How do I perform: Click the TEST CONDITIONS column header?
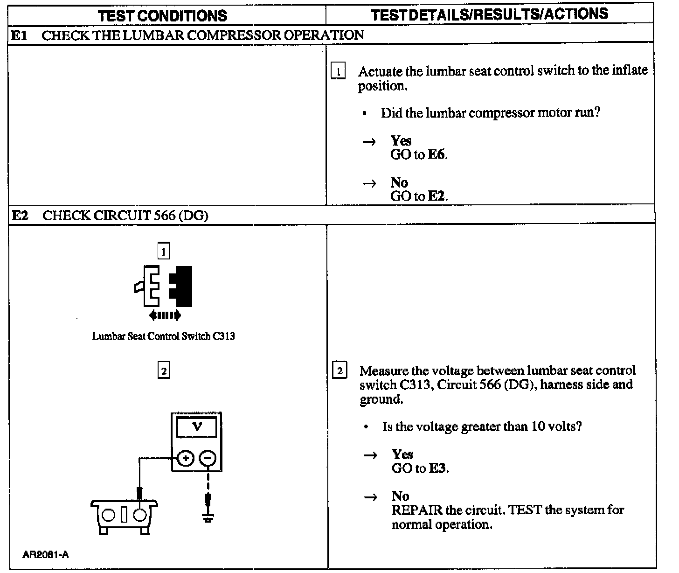click(162, 15)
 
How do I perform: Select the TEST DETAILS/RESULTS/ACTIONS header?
click(490, 14)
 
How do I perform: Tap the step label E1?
click(19, 35)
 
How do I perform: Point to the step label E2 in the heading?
click(20, 216)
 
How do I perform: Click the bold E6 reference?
click(437, 155)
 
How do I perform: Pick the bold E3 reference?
click(438, 468)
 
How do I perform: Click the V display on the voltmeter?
click(197, 427)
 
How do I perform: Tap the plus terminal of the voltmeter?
click(186, 458)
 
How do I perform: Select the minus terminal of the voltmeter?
click(208, 458)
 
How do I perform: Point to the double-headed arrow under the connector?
click(165, 316)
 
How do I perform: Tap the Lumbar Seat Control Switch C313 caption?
click(163, 336)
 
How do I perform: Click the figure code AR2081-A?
click(45, 555)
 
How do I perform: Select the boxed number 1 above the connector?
click(164, 252)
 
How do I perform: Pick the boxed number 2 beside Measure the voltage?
click(340, 371)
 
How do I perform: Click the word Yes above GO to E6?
click(401, 141)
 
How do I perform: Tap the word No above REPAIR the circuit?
click(400, 496)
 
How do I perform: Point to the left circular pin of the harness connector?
click(109, 515)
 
